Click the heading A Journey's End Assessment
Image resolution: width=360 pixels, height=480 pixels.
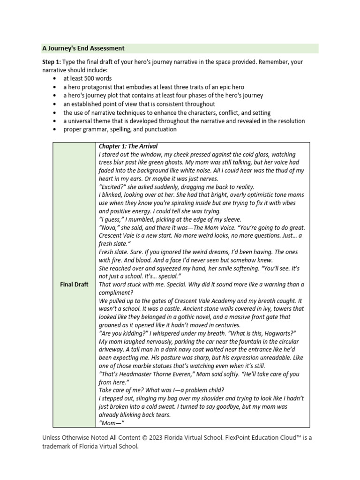tap(83, 48)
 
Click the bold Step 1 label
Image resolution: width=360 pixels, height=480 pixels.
tap(51, 61)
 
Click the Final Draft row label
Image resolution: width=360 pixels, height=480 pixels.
tap(74, 285)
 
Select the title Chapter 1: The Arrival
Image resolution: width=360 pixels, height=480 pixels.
tap(128, 146)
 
